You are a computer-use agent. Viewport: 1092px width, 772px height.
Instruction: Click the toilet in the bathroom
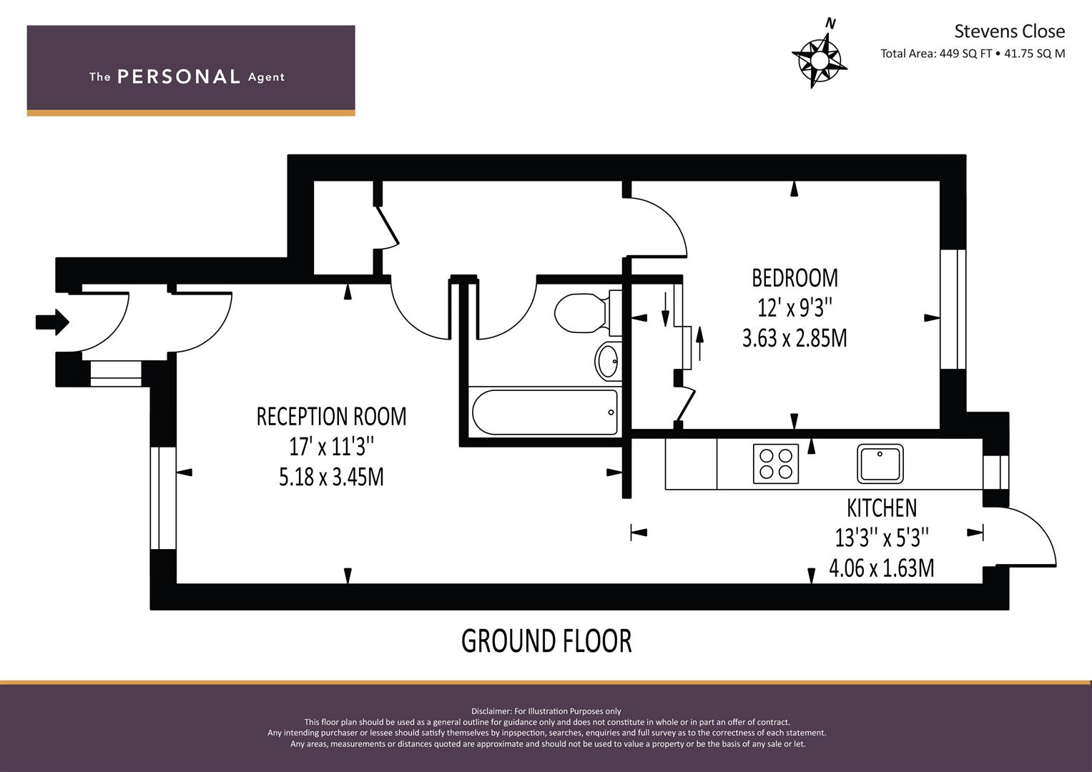(x=587, y=313)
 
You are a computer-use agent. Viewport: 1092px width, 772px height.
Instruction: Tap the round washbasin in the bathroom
(x=607, y=361)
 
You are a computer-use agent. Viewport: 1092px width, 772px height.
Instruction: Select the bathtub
(x=544, y=412)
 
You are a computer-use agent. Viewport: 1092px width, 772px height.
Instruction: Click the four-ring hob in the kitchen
(x=776, y=463)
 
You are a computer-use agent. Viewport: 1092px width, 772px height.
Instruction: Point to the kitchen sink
(x=880, y=463)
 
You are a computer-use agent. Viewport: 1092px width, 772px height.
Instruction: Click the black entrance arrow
(x=52, y=322)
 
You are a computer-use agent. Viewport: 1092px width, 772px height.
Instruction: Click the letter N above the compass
(x=831, y=24)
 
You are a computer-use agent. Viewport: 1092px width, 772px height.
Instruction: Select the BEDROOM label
(x=795, y=278)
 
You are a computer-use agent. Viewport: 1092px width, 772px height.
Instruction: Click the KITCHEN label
(x=882, y=508)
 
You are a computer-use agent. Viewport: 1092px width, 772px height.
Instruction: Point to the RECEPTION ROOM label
(x=332, y=417)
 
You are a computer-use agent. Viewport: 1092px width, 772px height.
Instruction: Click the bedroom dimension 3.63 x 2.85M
(x=795, y=338)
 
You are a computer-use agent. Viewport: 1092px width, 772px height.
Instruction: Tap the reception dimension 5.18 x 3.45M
(x=332, y=477)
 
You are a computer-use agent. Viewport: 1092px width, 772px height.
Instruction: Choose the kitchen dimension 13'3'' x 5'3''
(x=882, y=538)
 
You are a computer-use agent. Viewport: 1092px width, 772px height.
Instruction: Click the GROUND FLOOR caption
(x=546, y=641)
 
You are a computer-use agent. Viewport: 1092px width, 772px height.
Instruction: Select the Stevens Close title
(x=1009, y=31)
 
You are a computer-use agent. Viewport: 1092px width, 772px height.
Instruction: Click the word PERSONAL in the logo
(x=179, y=76)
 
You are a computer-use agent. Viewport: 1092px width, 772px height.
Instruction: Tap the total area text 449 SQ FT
(x=965, y=54)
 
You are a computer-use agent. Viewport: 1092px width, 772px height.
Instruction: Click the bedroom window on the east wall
(x=953, y=310)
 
